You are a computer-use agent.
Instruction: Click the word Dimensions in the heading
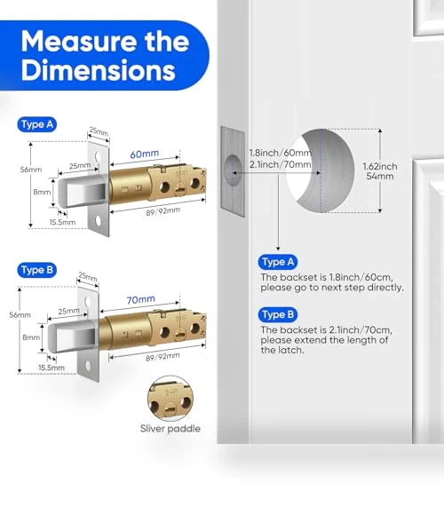pyautogui.click(x=99, y=70)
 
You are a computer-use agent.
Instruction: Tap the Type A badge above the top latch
pyautogui.click(x=37, y=124)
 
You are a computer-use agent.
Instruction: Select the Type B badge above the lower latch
pyautogui.click(x=37, y=270)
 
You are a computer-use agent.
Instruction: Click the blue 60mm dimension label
pyautogui.click(x=145, y=154)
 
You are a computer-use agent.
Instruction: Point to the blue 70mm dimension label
pyautogui.click(x=140, y=299)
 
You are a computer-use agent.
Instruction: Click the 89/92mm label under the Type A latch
pyautogui.click(x=163, y=211)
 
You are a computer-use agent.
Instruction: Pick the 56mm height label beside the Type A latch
pyautogui.click(x=31, y=170)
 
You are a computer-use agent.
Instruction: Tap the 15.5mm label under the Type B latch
pyautogui.click(x=52, y=368)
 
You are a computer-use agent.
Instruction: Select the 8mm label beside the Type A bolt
pyautogui.click(x=42, y=192)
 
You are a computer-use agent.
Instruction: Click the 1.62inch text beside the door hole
pyautogui.click(x=380, y=167)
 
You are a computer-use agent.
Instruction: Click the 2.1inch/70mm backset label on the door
pyautogui.click(x=280, y=164)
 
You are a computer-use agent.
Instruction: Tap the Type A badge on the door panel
pyautogui.click(x=278, y=262)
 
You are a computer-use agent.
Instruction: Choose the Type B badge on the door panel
pyautogui.click(x=278, y=314)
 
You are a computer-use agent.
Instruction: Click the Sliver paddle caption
pyautogui.click(x=170, y=429)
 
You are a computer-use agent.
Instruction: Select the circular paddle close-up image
pyautogui.click(x=170, y=399)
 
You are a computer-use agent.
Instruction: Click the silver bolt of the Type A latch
pyautogui.click(x=83, y=191)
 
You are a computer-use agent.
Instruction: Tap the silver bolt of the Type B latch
pyautogui.click(x=72, y=337)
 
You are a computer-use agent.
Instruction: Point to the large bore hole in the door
pyautogui.click(x=321, y=170)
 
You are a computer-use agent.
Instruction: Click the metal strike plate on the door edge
pyautogui.click(x=233, y=171)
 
